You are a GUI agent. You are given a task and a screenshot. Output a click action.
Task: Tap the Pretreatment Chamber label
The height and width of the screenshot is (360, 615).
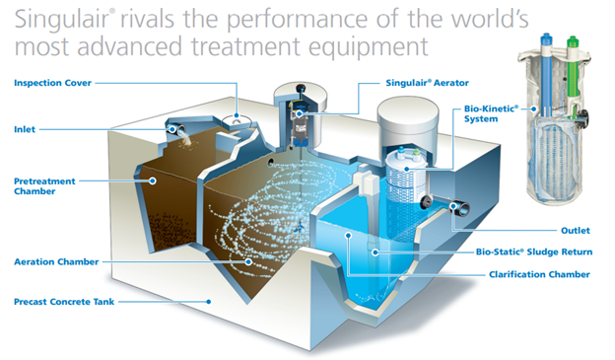[44, 186]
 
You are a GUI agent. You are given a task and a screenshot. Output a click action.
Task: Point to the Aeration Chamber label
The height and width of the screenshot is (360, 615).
[55, 261]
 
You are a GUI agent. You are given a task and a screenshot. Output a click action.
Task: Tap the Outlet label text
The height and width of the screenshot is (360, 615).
[576, 230]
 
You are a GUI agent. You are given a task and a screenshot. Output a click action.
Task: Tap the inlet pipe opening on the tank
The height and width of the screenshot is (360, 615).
[175, 128]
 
